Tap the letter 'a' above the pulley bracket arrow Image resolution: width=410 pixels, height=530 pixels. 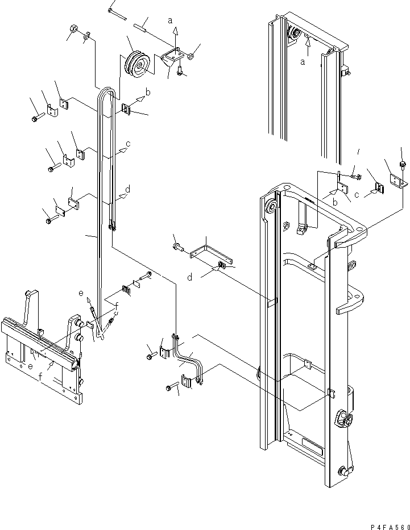pos(170,20)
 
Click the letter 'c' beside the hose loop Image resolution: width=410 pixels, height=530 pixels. pos(128,144)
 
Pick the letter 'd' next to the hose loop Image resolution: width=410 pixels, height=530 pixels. pos(127,189)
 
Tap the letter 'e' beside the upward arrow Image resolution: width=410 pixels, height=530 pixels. pos(81,293)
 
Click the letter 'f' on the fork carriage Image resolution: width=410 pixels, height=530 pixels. pos(41,377)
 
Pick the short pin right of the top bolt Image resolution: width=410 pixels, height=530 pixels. pos(142,24)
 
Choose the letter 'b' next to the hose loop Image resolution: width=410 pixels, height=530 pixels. pos(148,91)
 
